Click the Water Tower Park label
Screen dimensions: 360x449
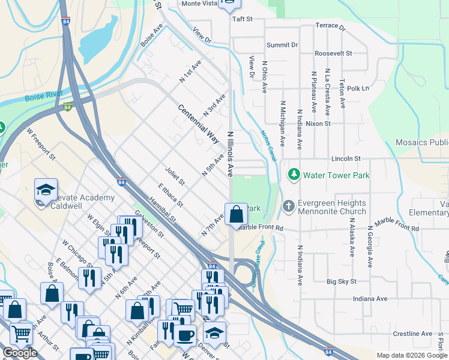[336, 175]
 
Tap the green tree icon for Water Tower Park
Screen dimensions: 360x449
[294, 175]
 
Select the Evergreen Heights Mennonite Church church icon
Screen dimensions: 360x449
[289, 206]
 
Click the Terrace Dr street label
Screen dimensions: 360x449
[331, 27]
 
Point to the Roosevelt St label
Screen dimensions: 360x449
[333, 53]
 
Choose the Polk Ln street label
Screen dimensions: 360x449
[358, 88]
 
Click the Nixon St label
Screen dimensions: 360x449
[318, 124]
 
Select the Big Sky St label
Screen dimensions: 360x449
[342, 281]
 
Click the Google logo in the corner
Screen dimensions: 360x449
[20, 353]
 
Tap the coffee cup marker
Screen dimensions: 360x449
[185, 335]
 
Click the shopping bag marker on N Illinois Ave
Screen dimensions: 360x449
[237, 213]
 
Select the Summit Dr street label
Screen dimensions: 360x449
[282, 45]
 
